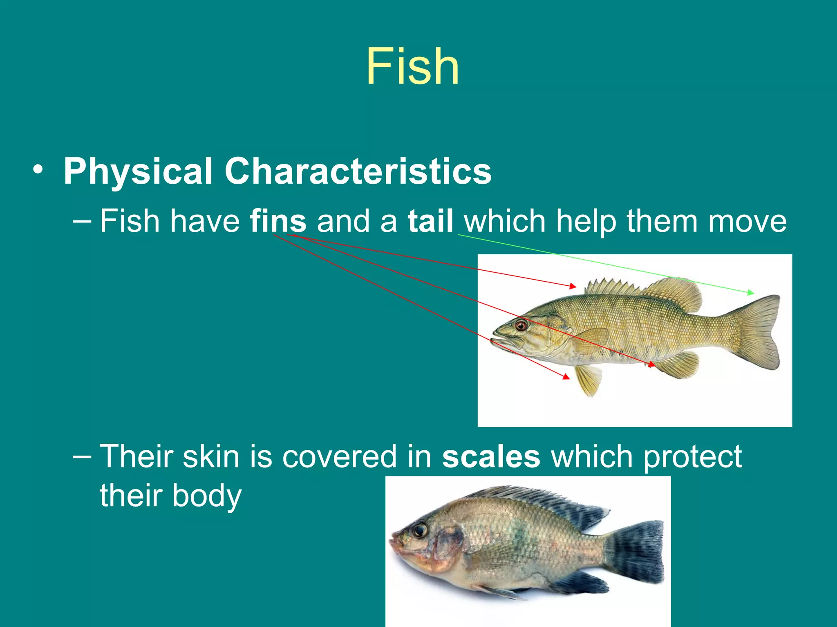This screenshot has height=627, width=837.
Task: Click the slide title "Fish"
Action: coord(412,66)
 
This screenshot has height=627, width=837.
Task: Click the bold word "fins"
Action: coord(278,221)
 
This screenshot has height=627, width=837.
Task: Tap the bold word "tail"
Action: coord(430,221)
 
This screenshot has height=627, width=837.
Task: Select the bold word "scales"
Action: coord(491,456)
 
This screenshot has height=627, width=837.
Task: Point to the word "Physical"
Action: coord(138,171)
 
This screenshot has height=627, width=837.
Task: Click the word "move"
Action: coord(747,221)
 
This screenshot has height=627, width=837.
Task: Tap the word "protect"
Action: coord(693,456)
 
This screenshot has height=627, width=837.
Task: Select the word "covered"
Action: coord(339,456)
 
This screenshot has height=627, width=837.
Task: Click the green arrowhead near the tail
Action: coord(751,293)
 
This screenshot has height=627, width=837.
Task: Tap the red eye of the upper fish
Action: coord(521,325)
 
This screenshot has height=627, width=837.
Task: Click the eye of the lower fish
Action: coord(420,530)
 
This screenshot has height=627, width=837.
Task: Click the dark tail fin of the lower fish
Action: coord(638,551)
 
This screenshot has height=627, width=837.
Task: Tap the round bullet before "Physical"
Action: coord(38,170)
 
